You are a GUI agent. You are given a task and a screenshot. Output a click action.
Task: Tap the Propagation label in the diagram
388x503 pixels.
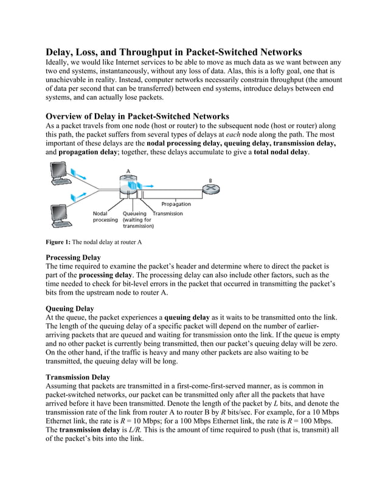point(176,204)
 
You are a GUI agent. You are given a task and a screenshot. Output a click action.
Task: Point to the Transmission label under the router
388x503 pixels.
point(167,213)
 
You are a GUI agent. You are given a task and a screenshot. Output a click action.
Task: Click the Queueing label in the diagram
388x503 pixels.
point(135,213)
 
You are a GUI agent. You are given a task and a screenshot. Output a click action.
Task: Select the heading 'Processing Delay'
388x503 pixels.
point(74,258)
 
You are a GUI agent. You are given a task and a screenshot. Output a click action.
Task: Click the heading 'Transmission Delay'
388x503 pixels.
point(78,377)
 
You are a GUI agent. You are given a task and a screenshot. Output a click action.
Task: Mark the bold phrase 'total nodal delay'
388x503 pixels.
point(281,152)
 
